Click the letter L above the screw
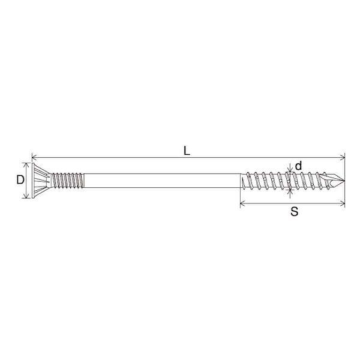[x=187, y=151]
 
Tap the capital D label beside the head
[x=20, y=179]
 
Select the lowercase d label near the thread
[x=298, y=166]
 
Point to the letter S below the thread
[x=294, y=211]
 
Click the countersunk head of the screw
[x=40, y=181]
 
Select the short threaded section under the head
[x=67, y=181]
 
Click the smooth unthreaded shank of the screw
[x=163, y=181]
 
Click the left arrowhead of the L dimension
[x=34, y=157]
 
